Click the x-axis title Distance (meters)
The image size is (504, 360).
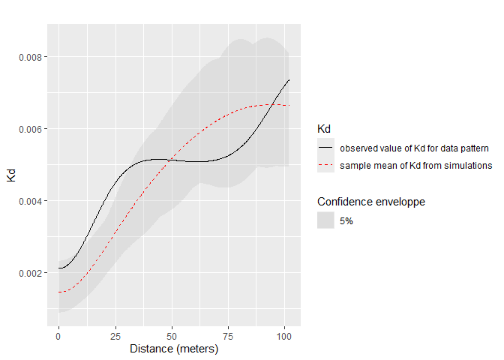tap(173, 349)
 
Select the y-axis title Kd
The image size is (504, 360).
tap(11, 176)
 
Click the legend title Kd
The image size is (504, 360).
tap(324, 130)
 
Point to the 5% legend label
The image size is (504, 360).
tap(346, 220)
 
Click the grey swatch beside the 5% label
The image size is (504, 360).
tap(325, 220)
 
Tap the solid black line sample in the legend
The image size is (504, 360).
tap(325, 148)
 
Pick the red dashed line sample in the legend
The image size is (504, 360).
tap(325, 165)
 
